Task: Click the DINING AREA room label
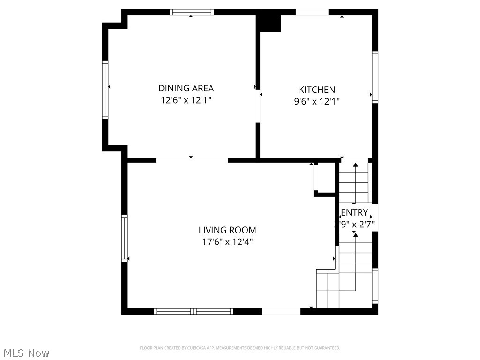click(186, 88)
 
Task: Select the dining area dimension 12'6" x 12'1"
click(186, 100)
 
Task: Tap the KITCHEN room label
click(317, 90)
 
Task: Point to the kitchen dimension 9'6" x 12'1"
click(317, 101)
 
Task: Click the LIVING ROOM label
click(227, 230)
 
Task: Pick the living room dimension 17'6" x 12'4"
click(227, 242)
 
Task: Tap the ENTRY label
click(354, 213)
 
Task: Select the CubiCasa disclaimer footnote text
click(240, 348)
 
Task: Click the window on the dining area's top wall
click(192, 12)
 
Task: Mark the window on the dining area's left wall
click(105, 90)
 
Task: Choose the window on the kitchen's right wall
click(375, 77)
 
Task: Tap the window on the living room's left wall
click(125, 238)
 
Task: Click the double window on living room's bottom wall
click(194, 311)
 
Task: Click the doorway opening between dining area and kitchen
click(258, 107)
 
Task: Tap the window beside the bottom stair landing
click(375, 285)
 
